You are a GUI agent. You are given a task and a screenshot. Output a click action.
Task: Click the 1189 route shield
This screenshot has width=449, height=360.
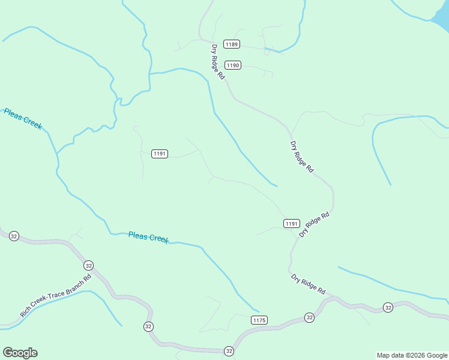coord(232,44)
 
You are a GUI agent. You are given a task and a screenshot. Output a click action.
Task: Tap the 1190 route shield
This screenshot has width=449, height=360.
coord(233,65)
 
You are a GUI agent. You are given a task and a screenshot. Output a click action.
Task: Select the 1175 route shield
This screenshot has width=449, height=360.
coord(259,320)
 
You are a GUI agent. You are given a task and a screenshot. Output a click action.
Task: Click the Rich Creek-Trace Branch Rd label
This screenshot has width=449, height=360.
coord(55,295)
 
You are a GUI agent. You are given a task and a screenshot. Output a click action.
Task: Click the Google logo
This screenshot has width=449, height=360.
coord(20,353)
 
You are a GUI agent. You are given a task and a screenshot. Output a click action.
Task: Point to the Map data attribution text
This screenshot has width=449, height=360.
coord(412,355)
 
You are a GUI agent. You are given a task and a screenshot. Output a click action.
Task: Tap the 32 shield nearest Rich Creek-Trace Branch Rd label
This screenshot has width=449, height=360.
coord(88,265)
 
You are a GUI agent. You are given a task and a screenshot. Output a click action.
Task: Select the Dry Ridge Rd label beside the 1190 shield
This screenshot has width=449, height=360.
coord(217,62)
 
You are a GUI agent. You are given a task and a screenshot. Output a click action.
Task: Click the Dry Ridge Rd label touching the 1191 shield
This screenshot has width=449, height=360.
coord(315,224)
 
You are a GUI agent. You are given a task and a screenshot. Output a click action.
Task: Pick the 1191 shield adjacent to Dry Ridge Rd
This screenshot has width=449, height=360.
coord(291,223)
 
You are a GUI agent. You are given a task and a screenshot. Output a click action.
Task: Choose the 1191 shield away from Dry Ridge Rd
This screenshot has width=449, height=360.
coord(159,154)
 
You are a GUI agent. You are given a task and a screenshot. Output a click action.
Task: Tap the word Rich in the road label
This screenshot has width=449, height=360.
coord(26,311)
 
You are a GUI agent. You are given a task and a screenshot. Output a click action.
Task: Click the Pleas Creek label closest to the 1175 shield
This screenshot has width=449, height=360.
coord(148,238)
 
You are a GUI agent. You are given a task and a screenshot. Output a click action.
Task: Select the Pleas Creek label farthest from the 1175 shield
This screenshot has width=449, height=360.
coord(23,119)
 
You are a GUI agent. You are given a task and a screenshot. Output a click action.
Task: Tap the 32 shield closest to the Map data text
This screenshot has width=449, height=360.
coord(388,308)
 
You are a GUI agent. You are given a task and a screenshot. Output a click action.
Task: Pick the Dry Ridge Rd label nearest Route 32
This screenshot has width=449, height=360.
coord(308,284)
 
